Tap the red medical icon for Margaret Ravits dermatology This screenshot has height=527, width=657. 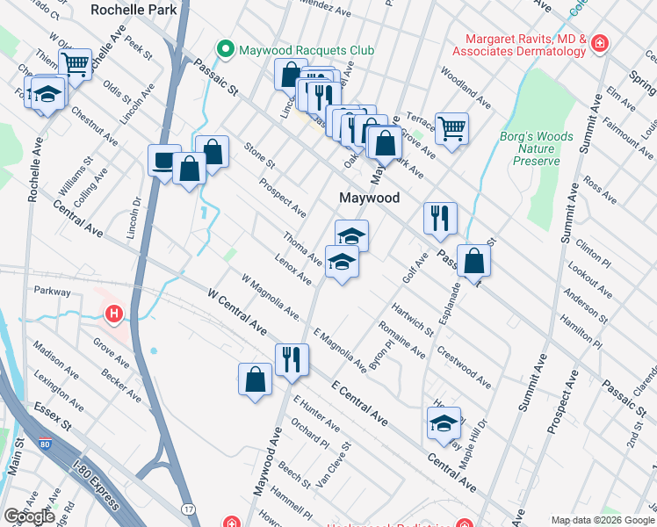(x=599, y=44)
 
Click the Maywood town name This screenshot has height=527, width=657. (x=370, y=198)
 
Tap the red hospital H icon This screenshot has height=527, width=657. (x=113, y=313)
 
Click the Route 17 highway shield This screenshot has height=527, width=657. (x=189, y=509)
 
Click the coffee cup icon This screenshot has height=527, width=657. (x=164, y=160)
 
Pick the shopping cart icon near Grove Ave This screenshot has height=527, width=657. (x=451, y=128)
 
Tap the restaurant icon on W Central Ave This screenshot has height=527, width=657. (x=291, y=358)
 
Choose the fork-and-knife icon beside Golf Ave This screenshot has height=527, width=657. (x=440, y=217)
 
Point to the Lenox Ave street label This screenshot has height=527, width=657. (x=292, y=271)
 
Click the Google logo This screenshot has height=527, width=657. (x=29, y=516)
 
